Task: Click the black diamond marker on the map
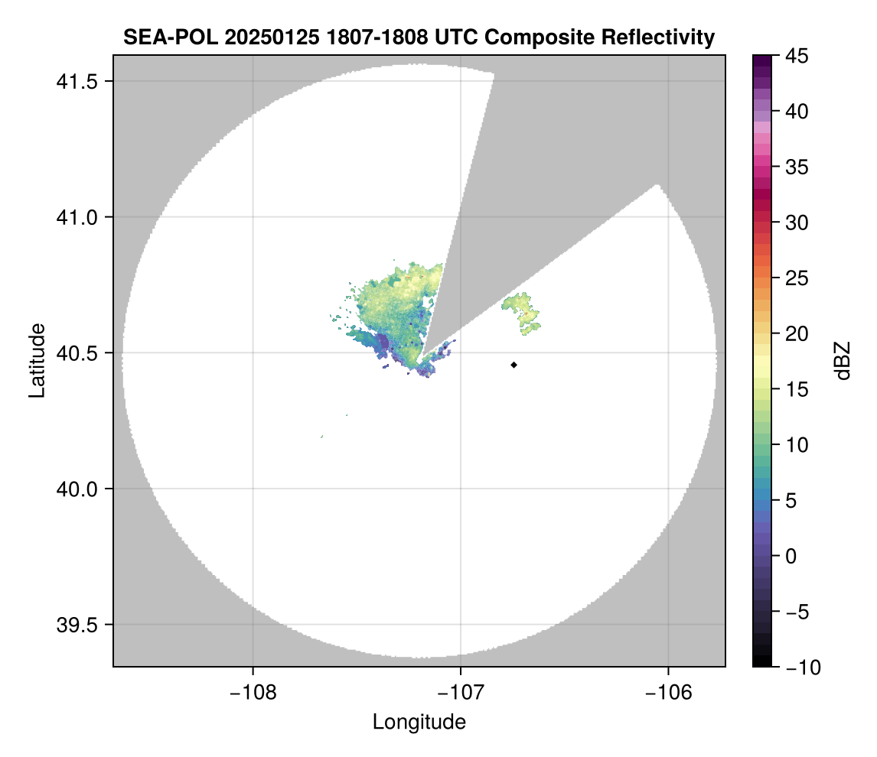pos(514,365)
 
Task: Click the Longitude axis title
pos(419,722)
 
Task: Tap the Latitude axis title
pos(37,360)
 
